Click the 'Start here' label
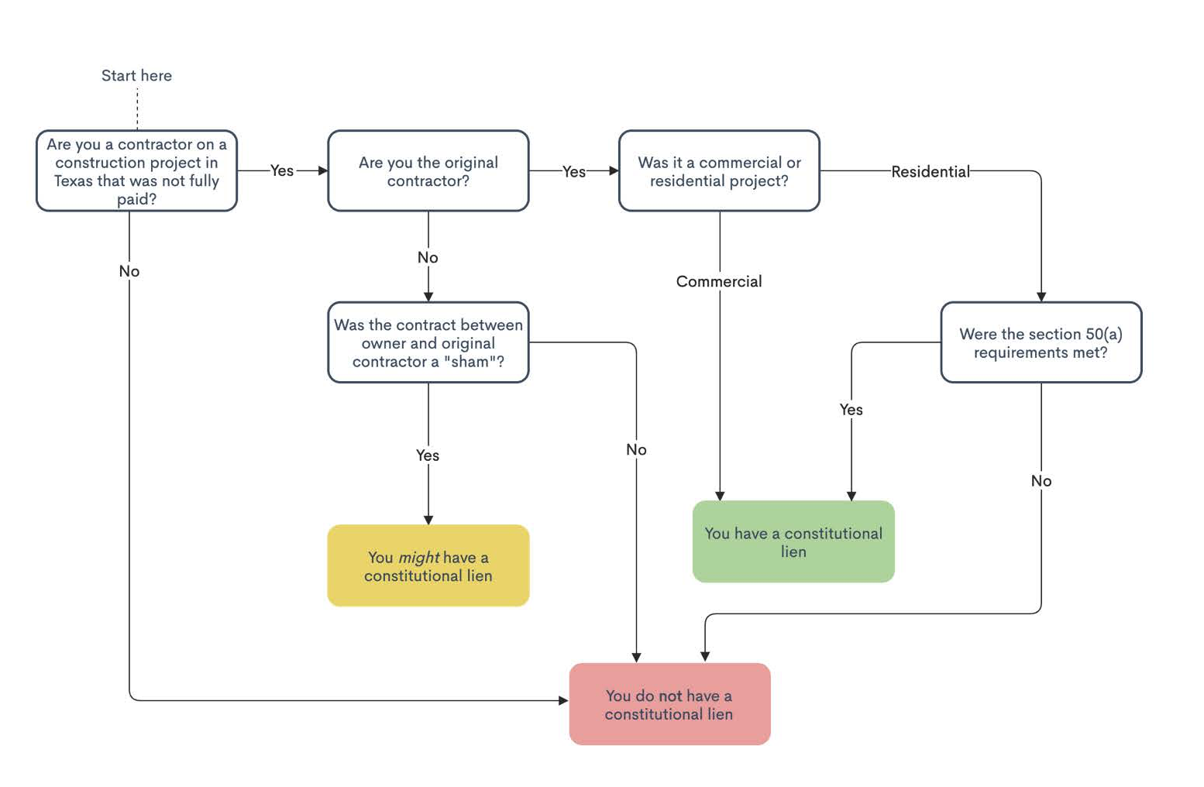tap(136, 75)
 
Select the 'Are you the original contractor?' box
tap(428, 171)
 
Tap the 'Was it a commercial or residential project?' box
tap(719, 171)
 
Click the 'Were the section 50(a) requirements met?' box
tap(1041, 342)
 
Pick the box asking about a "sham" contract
tap(428, 342)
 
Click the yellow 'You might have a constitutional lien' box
tap(428, 565)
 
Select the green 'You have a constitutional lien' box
tap(793, 541)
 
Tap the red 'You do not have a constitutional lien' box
tap(669, 704)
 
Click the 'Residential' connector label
tap(931, 171)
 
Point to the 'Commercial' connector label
tap(719, 281)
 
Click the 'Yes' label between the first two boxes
tap(282, 171)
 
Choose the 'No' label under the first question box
tap(129, 271)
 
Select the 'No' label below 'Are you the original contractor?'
tap(428, 258)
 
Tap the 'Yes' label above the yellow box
tap(428, 455)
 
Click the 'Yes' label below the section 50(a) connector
tap(851, 410)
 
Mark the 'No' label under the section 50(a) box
tap(1041, 481)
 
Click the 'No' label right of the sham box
tap(636, 449)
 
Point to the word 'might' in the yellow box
tap(419, 558)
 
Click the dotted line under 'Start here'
tap(137, 108)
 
